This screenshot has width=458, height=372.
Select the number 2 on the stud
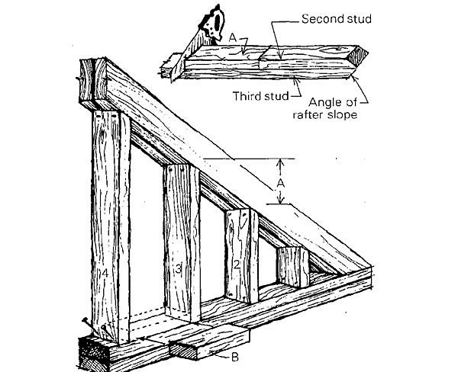[237, 264]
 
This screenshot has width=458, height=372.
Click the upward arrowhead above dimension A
[280, 162]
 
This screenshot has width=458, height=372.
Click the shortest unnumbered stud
[292, 267]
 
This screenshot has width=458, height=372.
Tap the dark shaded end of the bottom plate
[95, 352]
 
